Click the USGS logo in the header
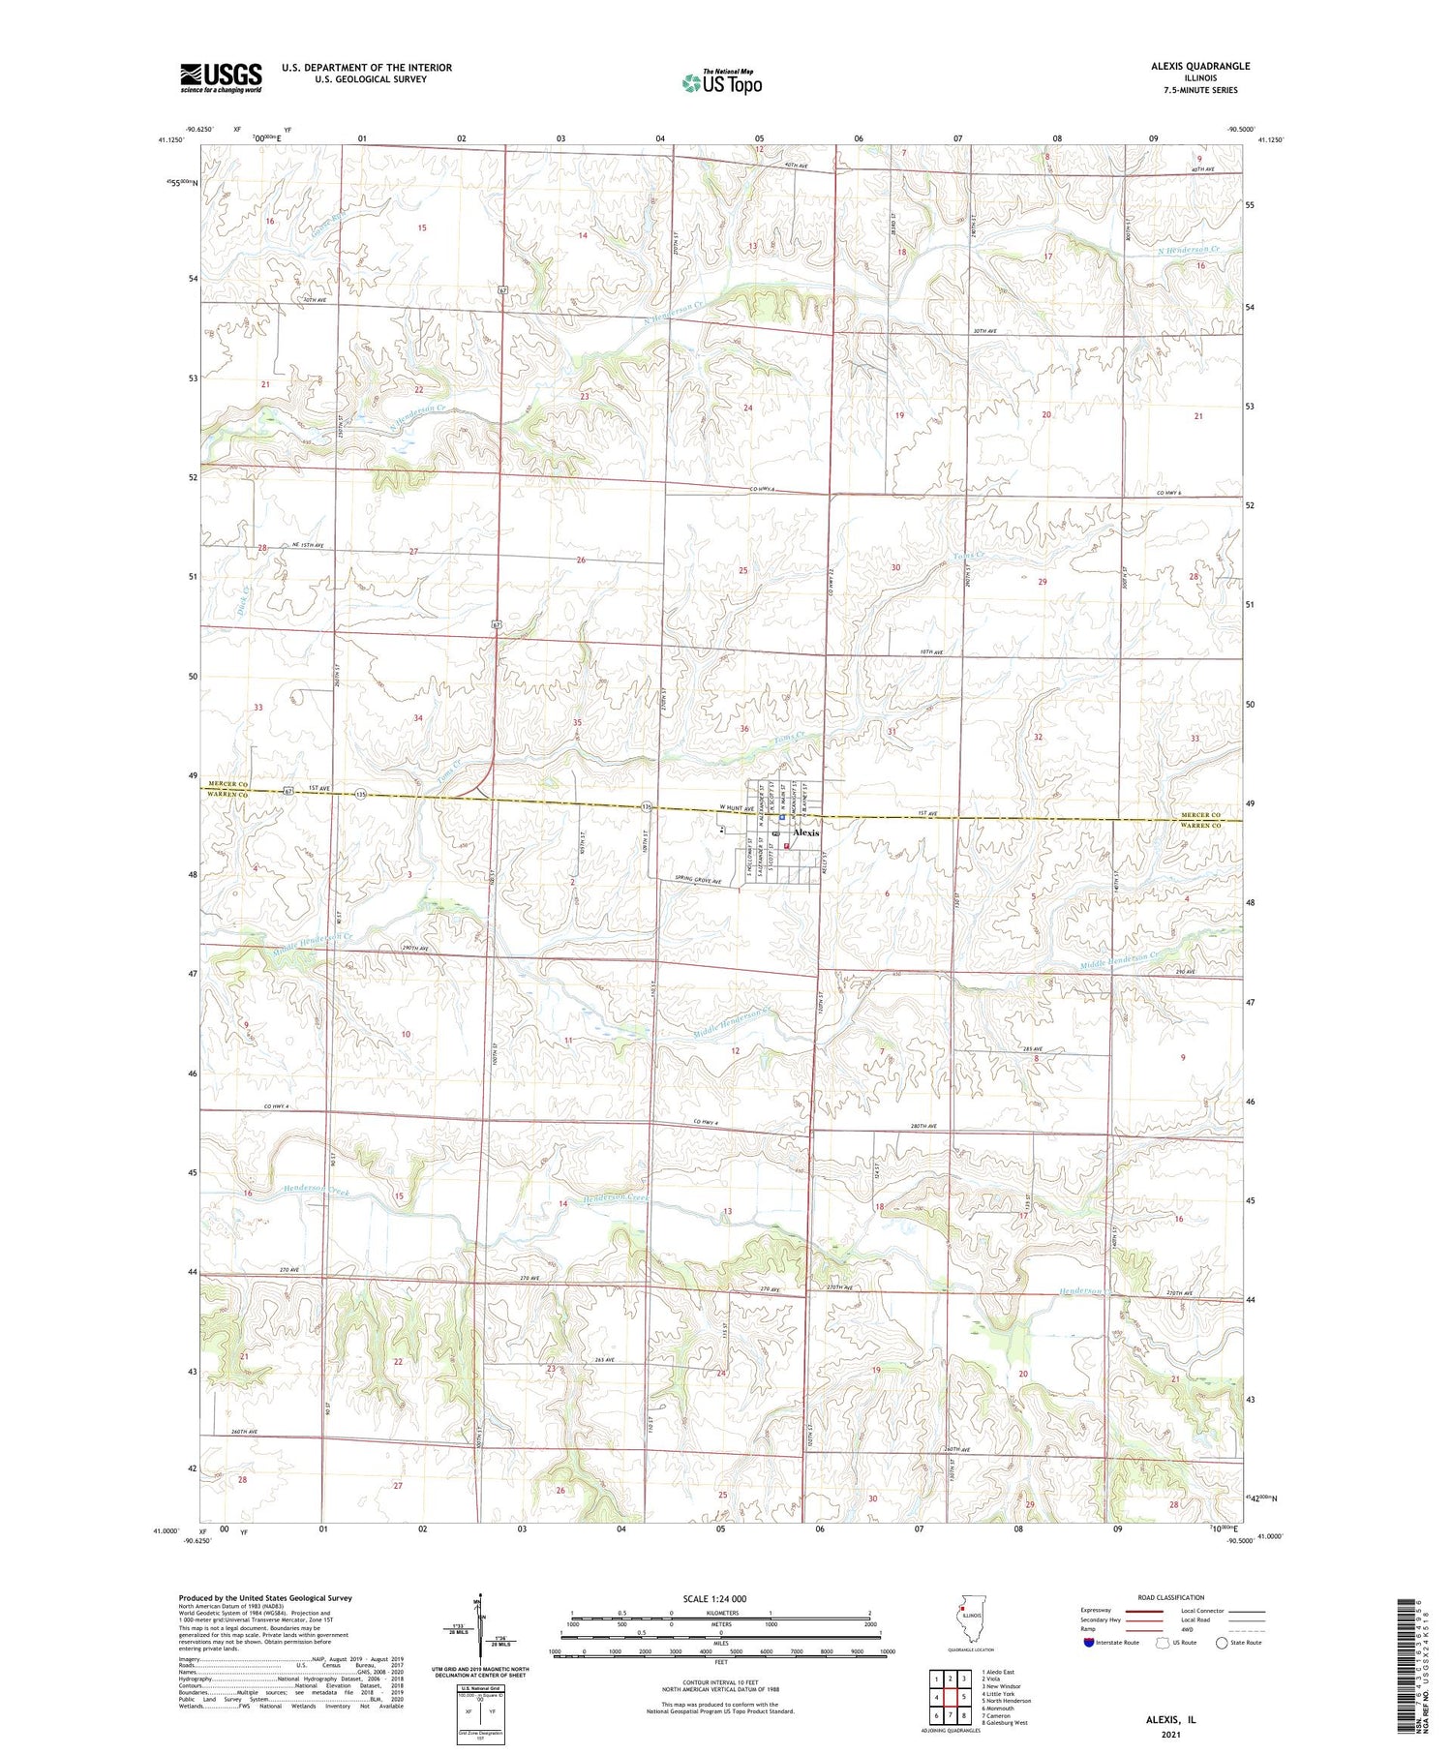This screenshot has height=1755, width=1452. click(x=221, y=77)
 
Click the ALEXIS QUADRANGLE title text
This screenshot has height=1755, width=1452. click(x=1200, y=66)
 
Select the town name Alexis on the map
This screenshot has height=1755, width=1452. click(x=805, y=832)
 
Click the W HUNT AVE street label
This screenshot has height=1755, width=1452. click(x=736, y=809)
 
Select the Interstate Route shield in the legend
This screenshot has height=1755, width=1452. click(x=1090, y=1643)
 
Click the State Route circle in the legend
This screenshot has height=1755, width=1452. click(x=1222, y=1643)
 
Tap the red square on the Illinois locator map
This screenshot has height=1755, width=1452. click(x=962, y=1610)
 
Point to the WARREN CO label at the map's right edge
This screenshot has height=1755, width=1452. click(x=1201, y=826)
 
